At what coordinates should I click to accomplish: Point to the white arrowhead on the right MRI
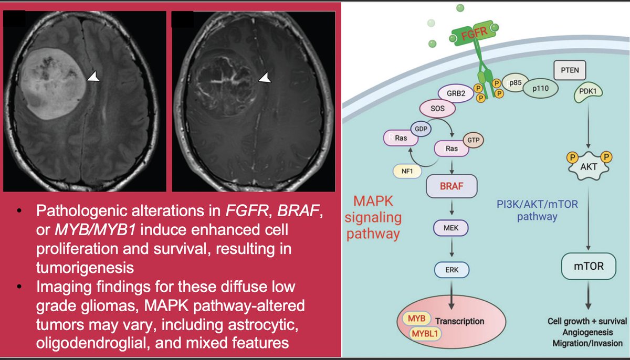pos(265,78)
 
